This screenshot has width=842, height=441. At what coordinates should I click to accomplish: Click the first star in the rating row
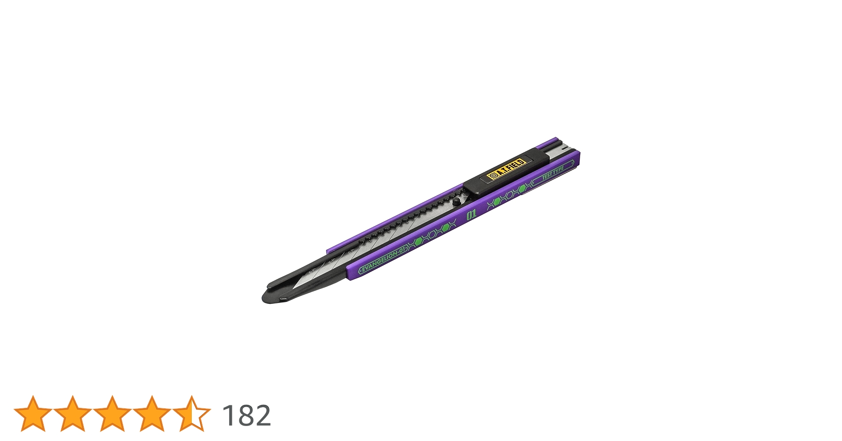[33, 413]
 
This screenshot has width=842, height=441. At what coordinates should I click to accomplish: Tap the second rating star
[73, 413]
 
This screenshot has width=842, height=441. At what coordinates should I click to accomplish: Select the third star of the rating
[112, 413]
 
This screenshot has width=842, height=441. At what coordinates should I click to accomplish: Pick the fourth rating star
[152, 413]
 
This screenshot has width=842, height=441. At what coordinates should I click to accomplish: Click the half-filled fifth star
[192, 413]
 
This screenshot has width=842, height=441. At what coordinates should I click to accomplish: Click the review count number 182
[246, 415]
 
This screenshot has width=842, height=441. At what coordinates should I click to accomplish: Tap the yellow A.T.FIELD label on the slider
[507, 169]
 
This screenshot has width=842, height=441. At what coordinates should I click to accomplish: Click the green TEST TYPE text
[553, 172]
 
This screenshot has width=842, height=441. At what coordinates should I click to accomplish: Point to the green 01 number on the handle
[471, 215]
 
